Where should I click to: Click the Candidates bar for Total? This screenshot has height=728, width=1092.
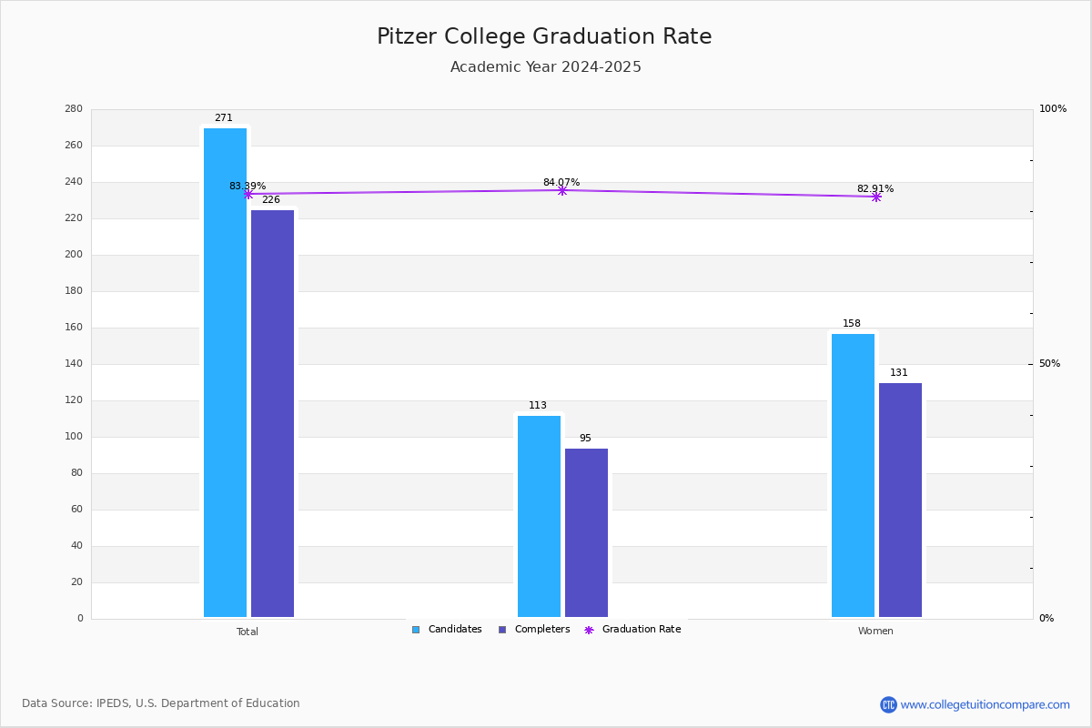[x=225, y=373]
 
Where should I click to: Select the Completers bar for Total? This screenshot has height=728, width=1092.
[x=272, y=414]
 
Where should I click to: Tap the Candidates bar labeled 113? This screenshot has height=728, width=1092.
[x=539, y=517]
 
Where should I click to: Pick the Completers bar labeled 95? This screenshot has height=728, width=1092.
[x=586, y=533]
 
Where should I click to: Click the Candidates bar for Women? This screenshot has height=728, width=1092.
[x=853, y=476]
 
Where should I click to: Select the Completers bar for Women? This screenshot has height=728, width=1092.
[x=900, y=500]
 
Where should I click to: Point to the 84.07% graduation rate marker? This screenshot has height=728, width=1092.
[x=561, y=190]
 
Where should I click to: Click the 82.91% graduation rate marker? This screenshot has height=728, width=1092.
[x=875, y=197]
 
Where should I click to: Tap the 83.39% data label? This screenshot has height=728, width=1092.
[x=248, y=187]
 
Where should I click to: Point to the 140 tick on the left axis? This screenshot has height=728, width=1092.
[x=74, y=364]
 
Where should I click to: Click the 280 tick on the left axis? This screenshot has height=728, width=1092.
[x=74, y=109]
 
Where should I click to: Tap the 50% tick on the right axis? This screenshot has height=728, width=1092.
[x=1049, y=364]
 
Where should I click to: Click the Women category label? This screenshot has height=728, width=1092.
[x=875, y=632]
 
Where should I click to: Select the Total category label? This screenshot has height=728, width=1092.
[x=248, y=632]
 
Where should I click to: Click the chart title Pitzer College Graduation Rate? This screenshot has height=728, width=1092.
[x=544, y=37]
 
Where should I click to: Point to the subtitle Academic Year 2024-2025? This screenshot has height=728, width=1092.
[x=545, y=67]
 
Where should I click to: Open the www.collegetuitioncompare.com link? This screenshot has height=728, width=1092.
[x=985, y=704]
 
